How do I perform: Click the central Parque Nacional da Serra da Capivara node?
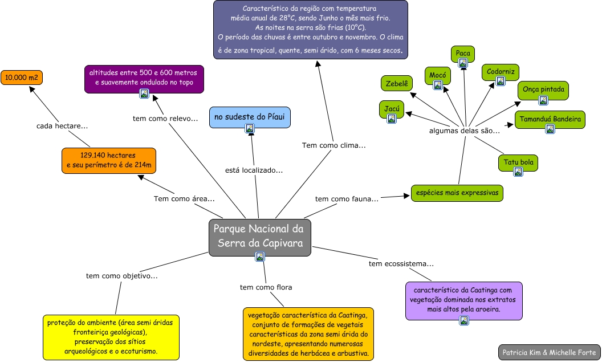click(259, 236)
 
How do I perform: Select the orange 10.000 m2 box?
click(22, 77)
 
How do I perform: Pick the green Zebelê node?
click(396, 83)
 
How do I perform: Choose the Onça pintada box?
click(543, 90)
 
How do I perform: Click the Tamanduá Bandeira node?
click(550, 120)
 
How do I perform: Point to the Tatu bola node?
click(518, 163)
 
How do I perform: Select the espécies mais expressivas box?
click(457, 193)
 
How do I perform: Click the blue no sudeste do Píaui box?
click(250, 117)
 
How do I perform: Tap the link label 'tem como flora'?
click(266, 287)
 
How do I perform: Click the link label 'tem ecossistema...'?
click(401, 264)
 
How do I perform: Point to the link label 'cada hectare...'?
click(62, 125)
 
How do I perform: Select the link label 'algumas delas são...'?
click(465, 131)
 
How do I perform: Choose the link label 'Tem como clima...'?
click(334, 145)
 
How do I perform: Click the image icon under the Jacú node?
click(392, 119)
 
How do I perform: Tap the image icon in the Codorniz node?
click(500, 81)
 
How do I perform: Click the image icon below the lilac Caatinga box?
click(464, 320)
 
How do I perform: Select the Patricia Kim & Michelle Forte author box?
click(549, 352)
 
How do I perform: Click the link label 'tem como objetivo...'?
click(122, 276)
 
